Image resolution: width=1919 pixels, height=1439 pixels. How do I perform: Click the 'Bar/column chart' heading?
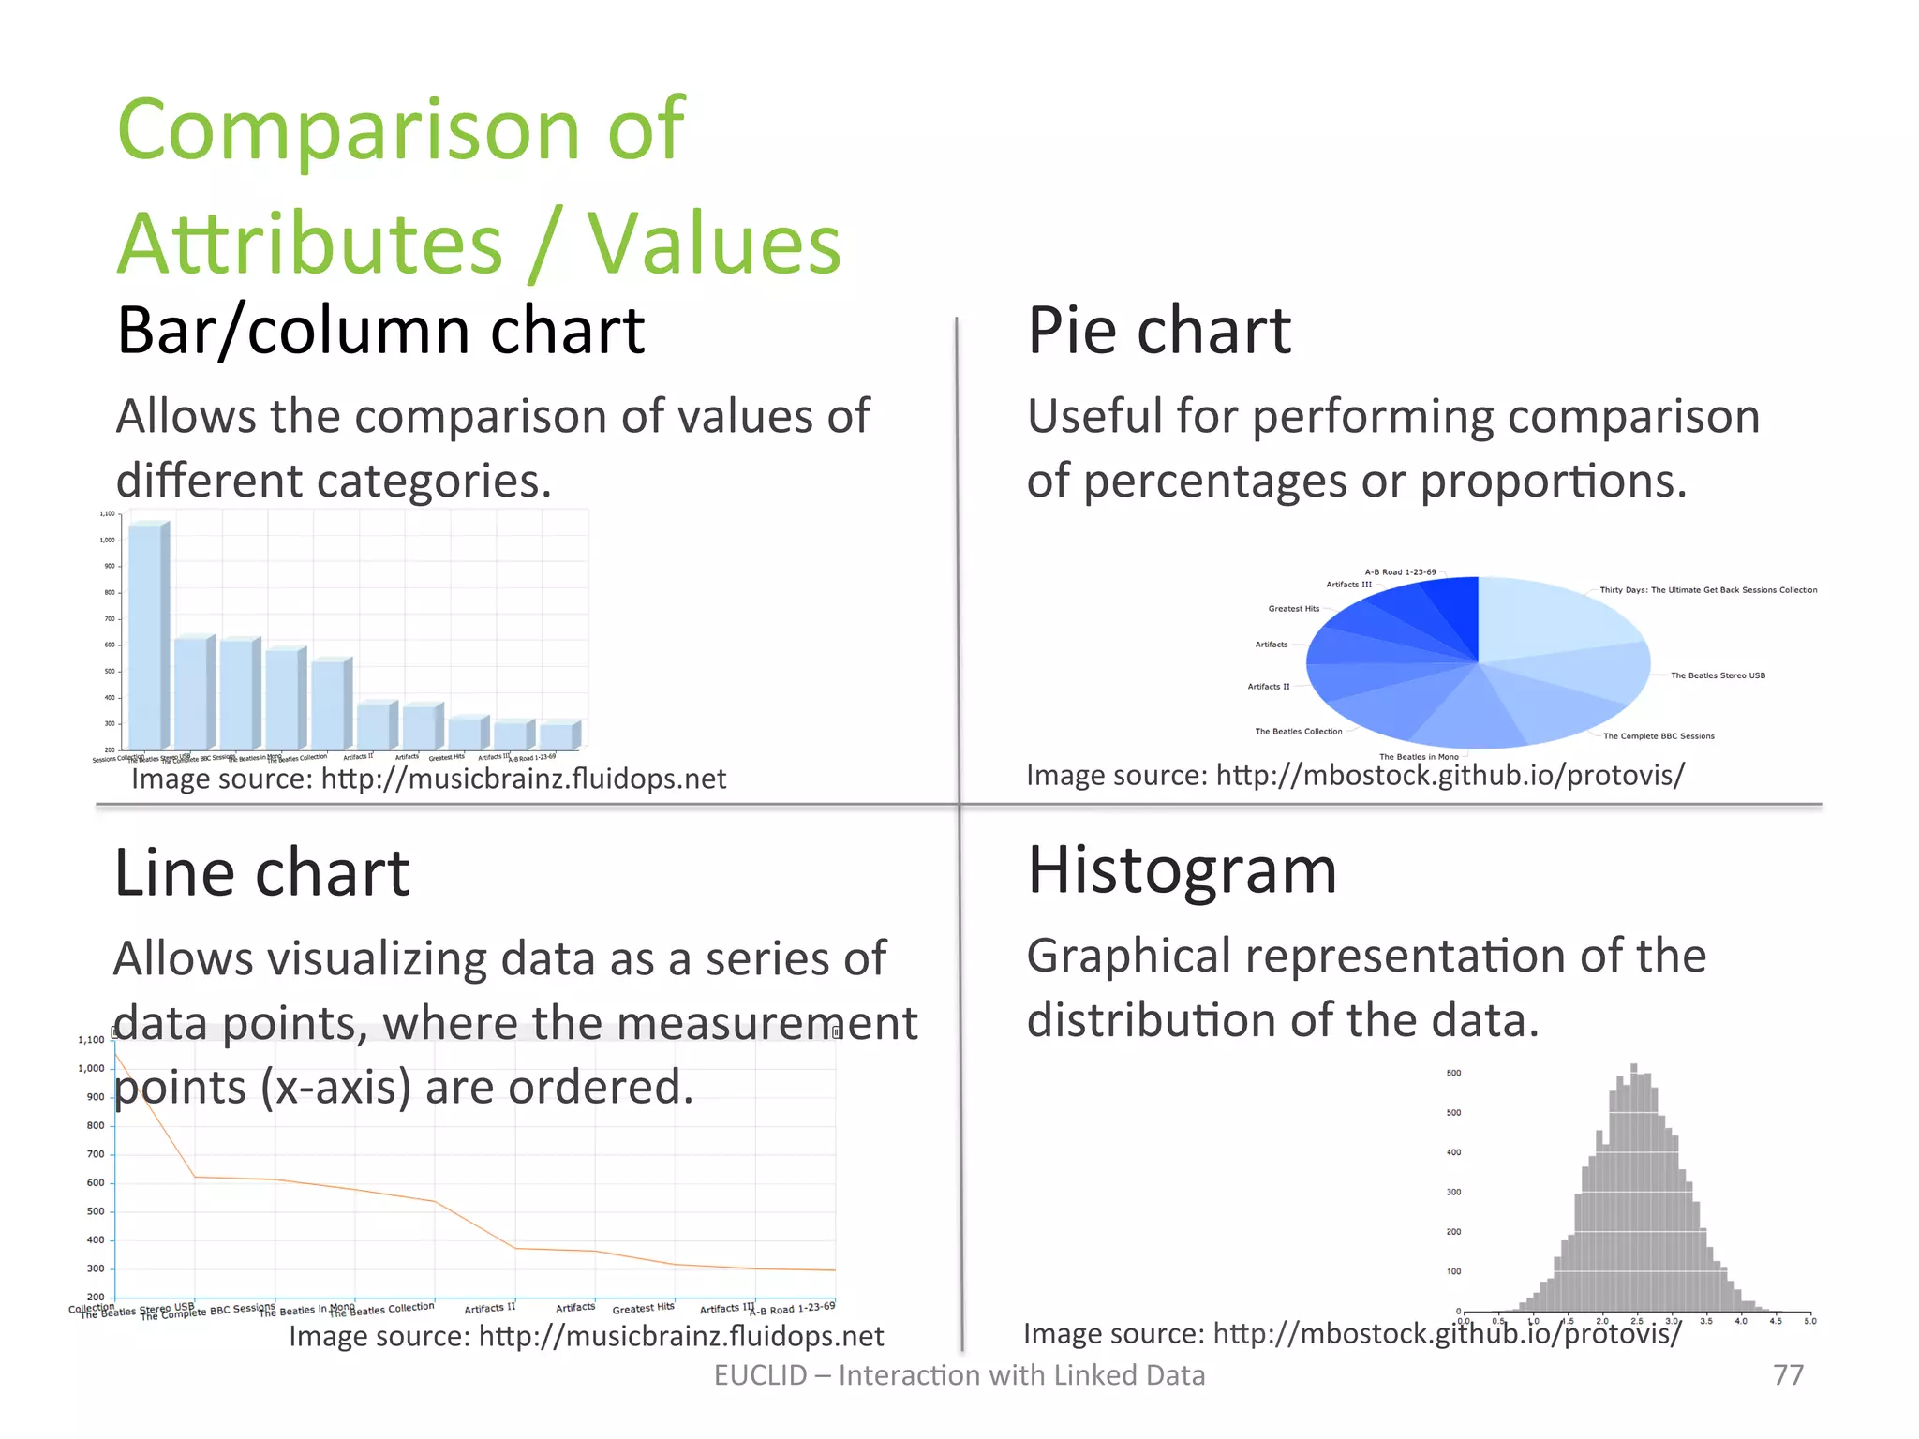380,331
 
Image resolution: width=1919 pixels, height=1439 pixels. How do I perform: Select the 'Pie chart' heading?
1159,331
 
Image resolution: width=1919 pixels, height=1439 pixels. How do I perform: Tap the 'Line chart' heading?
261,873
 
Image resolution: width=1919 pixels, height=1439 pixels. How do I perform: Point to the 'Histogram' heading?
1182,870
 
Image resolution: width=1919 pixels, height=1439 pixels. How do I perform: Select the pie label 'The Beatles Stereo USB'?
1718,675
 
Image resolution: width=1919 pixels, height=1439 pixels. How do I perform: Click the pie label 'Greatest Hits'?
1293,609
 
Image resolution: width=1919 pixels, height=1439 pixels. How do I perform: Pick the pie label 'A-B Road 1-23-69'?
1400,571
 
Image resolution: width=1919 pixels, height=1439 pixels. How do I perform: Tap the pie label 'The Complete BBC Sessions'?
1659,736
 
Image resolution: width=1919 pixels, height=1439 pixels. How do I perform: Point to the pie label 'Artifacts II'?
1268,687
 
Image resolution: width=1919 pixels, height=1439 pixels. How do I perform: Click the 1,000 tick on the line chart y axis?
91,1068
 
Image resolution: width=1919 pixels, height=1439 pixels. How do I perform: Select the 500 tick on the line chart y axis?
95,1211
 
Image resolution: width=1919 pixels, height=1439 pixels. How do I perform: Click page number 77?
1788,1374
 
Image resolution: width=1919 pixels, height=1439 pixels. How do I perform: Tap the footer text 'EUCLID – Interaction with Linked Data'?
959,1374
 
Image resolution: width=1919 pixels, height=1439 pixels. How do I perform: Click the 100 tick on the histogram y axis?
1453,1271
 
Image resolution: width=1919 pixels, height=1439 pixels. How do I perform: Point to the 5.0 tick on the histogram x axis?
1809,1321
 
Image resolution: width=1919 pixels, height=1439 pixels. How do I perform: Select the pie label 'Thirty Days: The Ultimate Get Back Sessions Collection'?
1707,590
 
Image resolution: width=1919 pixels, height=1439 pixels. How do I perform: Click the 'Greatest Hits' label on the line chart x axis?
643,1308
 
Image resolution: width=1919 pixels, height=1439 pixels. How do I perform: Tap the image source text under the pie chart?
1355,776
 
